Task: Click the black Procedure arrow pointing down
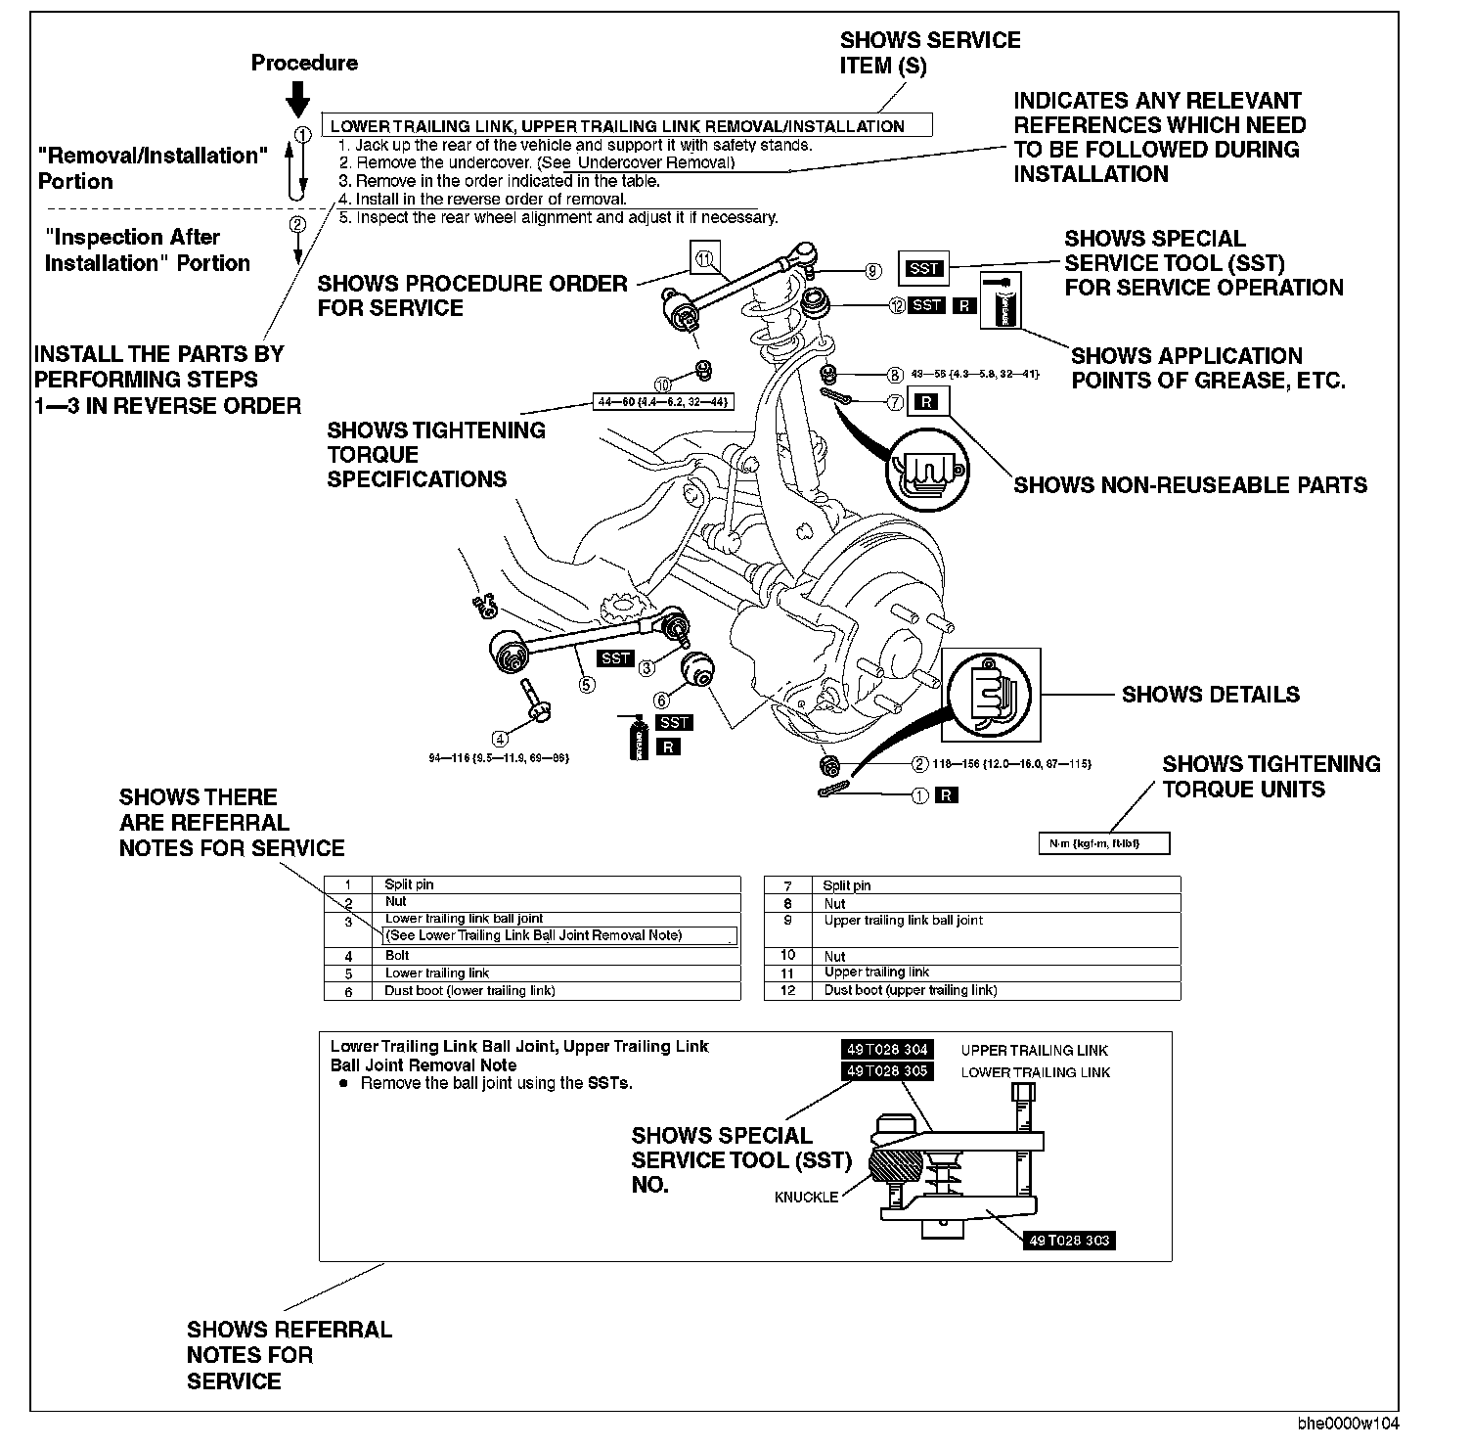point(299,99)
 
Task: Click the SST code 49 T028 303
point(1070,1241)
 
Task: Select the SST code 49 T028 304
point(887,1050)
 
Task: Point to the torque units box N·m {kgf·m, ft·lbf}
point(1103,843)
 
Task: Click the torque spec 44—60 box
point(663,401)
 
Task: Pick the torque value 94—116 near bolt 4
point(499,758)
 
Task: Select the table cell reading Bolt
point(397,956)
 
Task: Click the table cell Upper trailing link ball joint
point(904,921)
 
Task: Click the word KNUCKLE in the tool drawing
point(806,1198)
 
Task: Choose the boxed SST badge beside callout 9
point(923,268)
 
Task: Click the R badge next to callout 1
point(947,795)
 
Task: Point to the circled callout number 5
point(586,685)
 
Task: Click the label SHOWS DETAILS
point(1210,695)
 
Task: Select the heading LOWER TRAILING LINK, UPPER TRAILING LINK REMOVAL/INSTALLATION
point(617,126)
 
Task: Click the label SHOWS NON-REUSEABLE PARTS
point(1189,485)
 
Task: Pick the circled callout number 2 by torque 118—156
point(919,764)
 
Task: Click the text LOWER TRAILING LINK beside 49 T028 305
point(1035,1072)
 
